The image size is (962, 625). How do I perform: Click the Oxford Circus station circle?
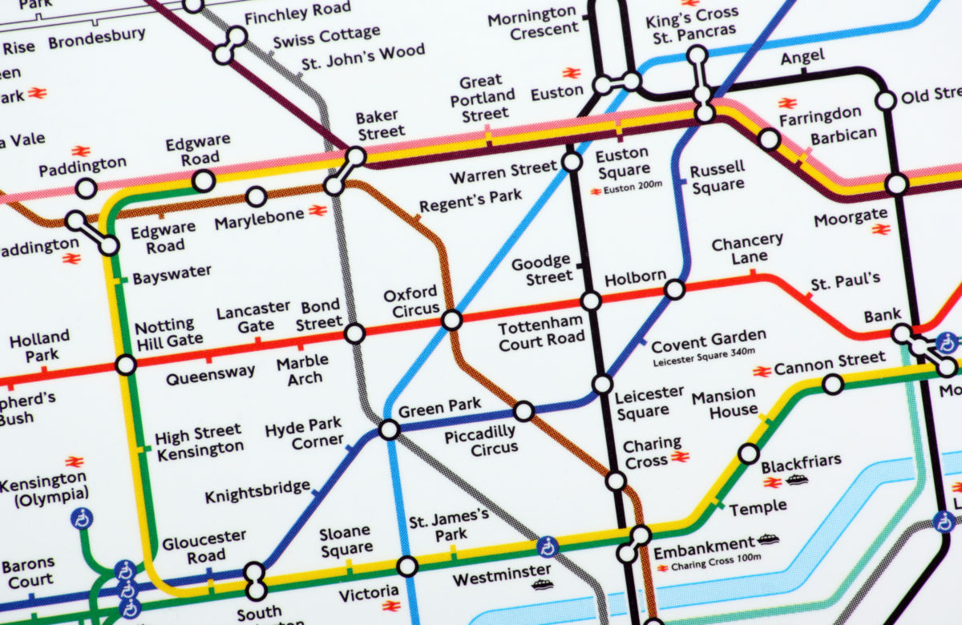pyautogui.click(x=452, y=321)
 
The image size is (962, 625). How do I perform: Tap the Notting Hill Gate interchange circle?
pyautogui.click(x=126, y=365)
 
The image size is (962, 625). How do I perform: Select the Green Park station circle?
pyautogui.click(x=389, y=429)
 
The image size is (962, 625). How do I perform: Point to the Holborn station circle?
pyautogui.click(x=674, y=289)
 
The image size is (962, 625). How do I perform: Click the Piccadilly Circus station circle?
pyautogui.click(x=523, y=412)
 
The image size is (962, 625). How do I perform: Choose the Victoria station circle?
pyautogui.click(x=407, y=567)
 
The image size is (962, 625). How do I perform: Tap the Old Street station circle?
pyautogui.click(x=886, y=100)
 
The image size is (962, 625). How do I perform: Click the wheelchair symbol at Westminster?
pyautogui.click(x=548, y=547)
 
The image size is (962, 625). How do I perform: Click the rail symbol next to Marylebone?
pyautogui.click(x=317, y=211)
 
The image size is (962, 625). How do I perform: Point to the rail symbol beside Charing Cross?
pyautogui.click(x=681, y=457)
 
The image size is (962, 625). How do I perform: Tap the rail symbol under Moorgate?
pyautogui.click(x=881, y=230)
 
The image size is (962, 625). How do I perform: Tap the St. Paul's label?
pyautogui.click(x=845, y=281)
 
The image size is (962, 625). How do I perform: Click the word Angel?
pyautogui.click(x=802, y=57)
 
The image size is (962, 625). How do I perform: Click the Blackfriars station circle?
pyautogui.click(x=748, y=454)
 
